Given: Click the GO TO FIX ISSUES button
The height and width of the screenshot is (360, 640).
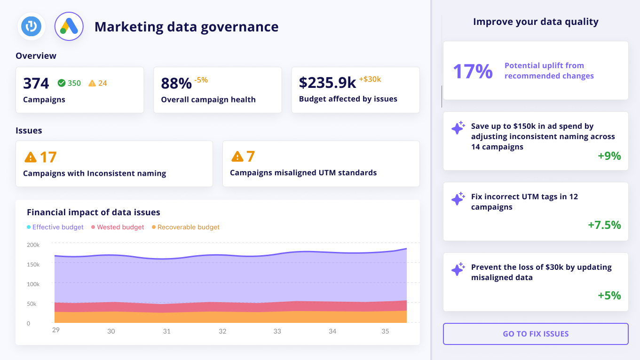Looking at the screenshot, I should pos(536,334).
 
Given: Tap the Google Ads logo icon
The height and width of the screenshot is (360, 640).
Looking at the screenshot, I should pos(69,26).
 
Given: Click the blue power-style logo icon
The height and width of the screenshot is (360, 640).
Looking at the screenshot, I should pos(32,26).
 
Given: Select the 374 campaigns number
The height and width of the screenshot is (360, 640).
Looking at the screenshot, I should pos(36,83).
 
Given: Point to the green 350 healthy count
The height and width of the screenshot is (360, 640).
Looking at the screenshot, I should pos(69,83).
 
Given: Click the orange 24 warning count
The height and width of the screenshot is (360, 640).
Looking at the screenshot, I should pos(98,83).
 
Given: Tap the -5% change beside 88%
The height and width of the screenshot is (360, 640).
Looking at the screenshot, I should pos(201,80).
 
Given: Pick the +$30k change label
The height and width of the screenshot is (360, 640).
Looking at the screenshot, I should pos(370,79).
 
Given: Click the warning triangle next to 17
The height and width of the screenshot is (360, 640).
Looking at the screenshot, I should pos(30,157).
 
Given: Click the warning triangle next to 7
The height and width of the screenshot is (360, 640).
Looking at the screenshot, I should pos(237,156).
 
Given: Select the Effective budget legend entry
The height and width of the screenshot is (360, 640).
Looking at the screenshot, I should pos(55,227).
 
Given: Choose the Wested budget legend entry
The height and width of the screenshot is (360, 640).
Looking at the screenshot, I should pos(118,227).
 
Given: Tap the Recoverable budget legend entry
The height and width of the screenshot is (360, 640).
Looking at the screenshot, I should pos(186,227).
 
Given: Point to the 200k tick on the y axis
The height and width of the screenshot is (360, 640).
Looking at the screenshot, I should pos(33,245).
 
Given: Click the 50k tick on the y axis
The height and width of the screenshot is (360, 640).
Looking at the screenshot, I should pos(32,304).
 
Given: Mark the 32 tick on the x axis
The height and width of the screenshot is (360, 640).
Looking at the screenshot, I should pos(222,331).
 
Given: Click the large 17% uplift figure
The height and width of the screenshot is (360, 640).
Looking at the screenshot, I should pos(473,71).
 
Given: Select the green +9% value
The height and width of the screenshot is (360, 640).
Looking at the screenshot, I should pos(609,156).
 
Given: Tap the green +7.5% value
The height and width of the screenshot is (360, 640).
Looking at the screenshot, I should pos(604,225).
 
